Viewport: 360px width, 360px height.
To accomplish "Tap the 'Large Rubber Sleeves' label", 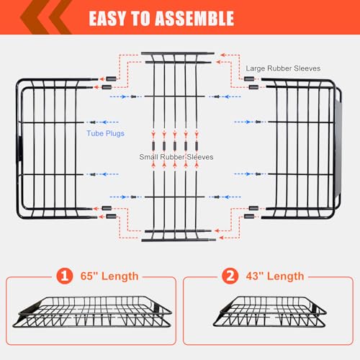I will coord(283,68).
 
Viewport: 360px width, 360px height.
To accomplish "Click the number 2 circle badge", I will coord(230,275).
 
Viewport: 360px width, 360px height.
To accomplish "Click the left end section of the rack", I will coord(54,148).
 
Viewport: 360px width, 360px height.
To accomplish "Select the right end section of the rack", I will coord(302,148).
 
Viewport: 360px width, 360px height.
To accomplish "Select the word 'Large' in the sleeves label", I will coord(256,68).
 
